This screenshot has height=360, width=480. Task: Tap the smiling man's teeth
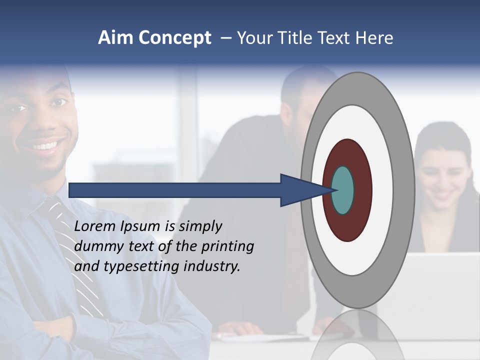coord(45,146)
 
